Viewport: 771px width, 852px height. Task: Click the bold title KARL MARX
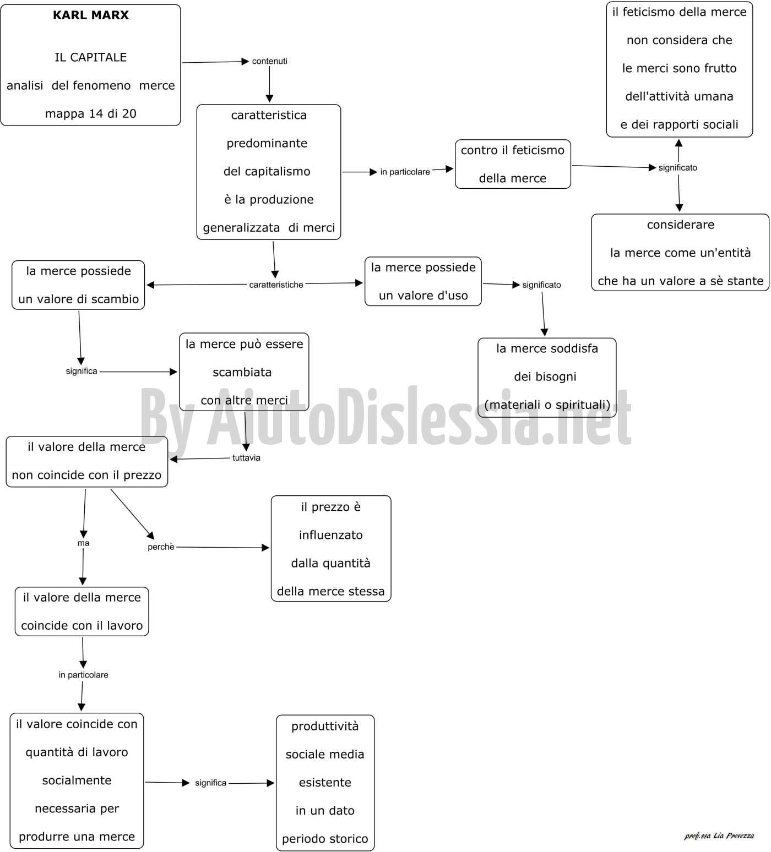click(91, 15)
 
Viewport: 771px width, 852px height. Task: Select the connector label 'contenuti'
click(270, 61)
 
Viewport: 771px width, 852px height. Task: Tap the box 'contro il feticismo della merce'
click(513, 164)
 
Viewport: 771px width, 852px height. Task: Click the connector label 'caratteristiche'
click(276, 285)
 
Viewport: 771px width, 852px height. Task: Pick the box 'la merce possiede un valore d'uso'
click(423, 281)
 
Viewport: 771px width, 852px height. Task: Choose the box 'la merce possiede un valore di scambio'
click(78, 285)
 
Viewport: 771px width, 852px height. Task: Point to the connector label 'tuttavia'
click(246, 457)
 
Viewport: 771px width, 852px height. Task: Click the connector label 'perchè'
click(161, 547)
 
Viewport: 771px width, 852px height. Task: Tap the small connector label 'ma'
click(83, 543)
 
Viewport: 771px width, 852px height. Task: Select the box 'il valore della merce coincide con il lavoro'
click(82, 611)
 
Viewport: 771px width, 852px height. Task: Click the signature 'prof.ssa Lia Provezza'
click(719, 835)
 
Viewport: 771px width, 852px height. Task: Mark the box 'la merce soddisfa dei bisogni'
click(547, 377)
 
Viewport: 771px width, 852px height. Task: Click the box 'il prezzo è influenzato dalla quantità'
click(331, 549)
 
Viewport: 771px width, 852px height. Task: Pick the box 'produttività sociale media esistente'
click(325, 783)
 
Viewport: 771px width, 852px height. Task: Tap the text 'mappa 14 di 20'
click(91, 114)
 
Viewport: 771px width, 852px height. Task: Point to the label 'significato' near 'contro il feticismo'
click(678, 167)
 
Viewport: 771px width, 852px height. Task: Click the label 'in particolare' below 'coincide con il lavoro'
click(84, 675)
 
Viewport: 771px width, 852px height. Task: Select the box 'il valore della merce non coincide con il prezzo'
click(86, 461)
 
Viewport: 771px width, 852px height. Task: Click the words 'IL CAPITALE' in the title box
click(91, 57)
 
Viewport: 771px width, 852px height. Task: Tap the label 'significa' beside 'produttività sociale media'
click(210, 783)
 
